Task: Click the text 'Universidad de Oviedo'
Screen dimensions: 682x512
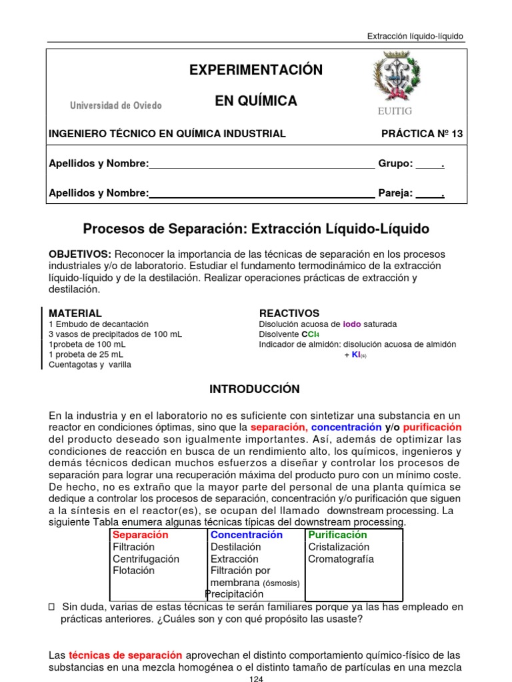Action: click(x=116, y=106)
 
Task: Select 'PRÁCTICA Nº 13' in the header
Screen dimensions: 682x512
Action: click(x=421, y=134)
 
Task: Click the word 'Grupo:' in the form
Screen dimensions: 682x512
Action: click(x=395, y=164)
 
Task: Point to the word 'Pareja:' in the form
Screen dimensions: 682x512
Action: click(x=395, y=193)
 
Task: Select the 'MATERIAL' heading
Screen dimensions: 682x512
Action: click(x=75, y=313)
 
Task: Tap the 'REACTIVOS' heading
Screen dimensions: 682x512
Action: click(x=289, y=313)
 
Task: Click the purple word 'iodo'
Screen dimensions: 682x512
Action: click(x=351, y=324)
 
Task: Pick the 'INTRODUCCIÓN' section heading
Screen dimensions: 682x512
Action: click(x=255, y=389)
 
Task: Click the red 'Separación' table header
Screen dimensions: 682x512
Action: click(x=141, y=535)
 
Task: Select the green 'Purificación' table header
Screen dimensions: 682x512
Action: click(x=337, y=535)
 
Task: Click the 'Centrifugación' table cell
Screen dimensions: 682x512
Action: click(x=146, y=559)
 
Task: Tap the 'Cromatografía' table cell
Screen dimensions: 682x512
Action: click(x=341, y=559)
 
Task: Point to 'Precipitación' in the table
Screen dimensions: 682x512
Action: click(x=235, y=593)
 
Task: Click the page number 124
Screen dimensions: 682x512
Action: click(x=256, y=678)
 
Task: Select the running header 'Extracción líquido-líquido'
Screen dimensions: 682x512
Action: click(x=415, y=36)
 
